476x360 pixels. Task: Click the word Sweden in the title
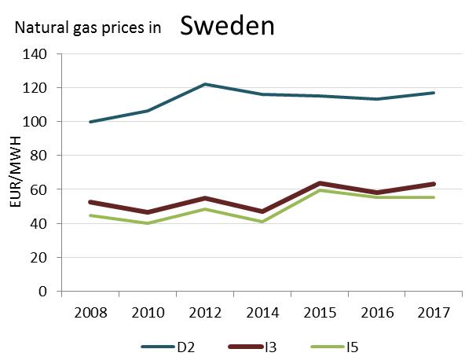[227, 25]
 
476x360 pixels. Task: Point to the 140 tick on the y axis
[36, 54]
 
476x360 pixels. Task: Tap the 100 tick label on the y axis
[36, 122]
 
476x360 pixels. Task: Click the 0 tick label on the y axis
[43, 292]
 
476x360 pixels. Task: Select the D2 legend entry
[170, 346]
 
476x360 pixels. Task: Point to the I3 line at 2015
[320, 183]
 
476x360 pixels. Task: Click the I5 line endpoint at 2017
[434, 197]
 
